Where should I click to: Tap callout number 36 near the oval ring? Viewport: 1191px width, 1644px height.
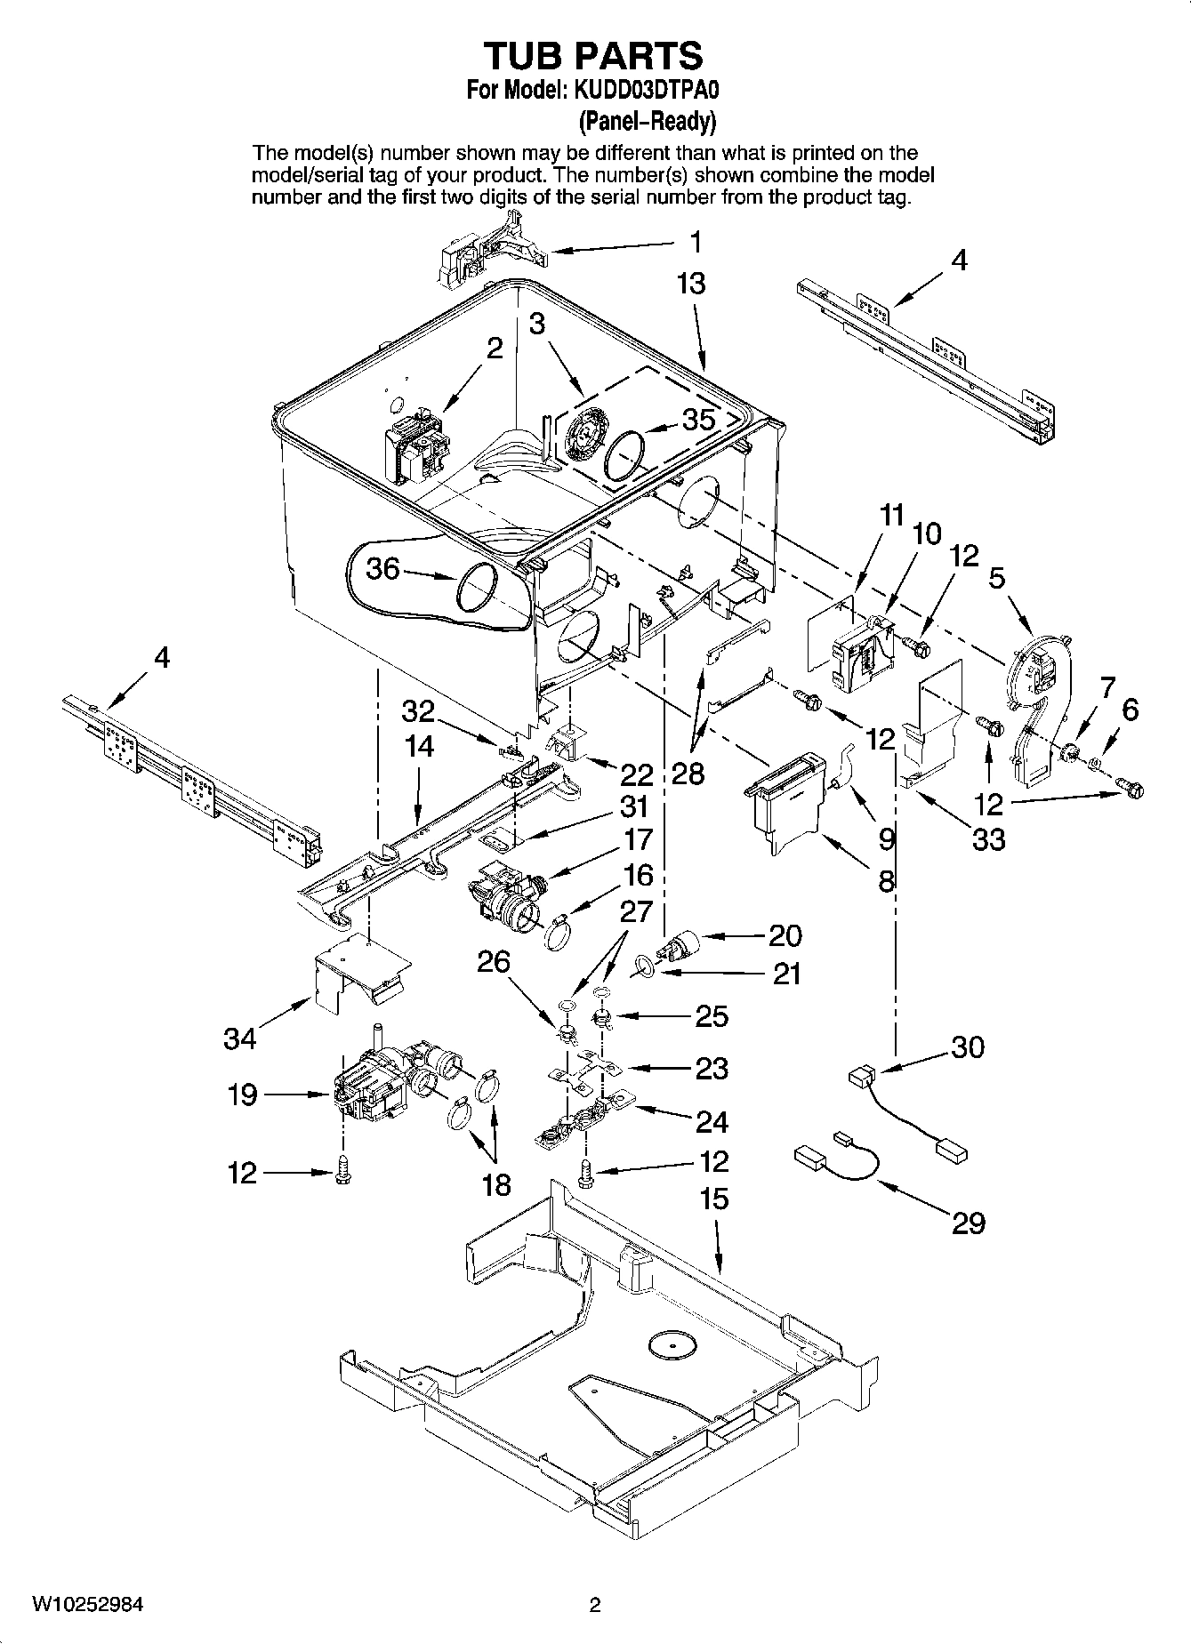(383, 567)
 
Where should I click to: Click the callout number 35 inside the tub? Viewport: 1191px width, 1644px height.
(698, 419)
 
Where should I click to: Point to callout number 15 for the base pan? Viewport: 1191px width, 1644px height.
(713, 1199)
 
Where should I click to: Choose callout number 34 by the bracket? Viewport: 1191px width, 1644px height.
(240, 1037)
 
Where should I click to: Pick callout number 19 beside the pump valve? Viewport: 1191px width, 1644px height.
(242, 1095)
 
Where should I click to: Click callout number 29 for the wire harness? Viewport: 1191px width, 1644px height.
(969, 1223)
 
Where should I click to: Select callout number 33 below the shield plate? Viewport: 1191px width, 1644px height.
(988, 838)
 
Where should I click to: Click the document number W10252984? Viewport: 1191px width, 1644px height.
(88, 1605)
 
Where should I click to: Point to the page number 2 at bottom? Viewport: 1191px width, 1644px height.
(595, 1605)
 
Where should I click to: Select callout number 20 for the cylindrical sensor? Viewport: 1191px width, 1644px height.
(785, 935)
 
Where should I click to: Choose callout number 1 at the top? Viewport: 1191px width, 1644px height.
(696, 241)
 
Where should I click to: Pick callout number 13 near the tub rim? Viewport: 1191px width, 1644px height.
(690, 284)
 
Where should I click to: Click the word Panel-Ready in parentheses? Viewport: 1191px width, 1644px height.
(647, 120)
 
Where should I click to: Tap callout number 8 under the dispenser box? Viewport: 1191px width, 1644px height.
(886, 881)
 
